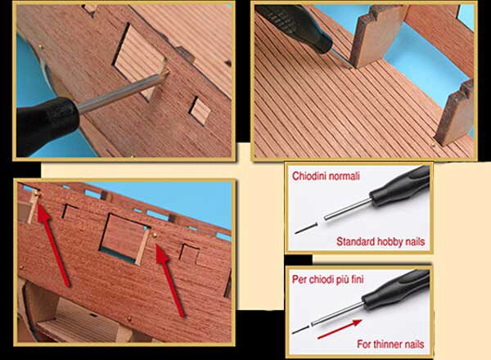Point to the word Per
[299, 279]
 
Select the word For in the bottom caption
[364, 344]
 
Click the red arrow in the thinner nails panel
[340, 329]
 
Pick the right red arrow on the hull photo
[169, 280]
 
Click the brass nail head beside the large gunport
[154, 235]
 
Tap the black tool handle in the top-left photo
[47, 124]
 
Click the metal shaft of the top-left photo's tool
[121, 91]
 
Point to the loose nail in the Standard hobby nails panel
[306, 228]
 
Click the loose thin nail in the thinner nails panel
[300, 330]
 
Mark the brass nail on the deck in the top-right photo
[433, 144]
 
